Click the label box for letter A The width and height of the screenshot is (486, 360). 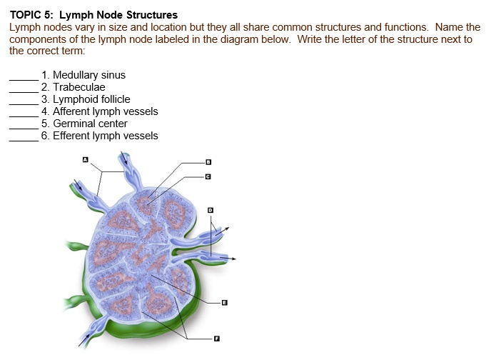[85, 160]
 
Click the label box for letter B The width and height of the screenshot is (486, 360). [208, 161]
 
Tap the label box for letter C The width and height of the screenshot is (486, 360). [208, 176]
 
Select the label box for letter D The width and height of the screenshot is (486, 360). [210, 210]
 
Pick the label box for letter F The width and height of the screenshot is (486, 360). [210, 339]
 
